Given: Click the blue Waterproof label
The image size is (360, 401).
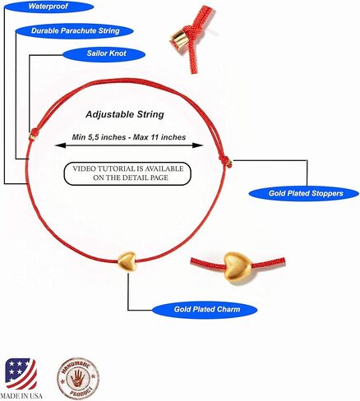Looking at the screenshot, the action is coord(49,7).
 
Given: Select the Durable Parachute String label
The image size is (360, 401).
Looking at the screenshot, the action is coord(75,30).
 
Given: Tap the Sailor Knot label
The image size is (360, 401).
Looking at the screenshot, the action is coord(104,53).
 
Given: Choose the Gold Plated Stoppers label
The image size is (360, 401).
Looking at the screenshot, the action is coord(303,194).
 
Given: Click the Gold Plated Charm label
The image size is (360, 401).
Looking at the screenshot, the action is coord(205,310).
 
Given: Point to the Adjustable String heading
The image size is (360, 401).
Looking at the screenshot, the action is coord(125,114).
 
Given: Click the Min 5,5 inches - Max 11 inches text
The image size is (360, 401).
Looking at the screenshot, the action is coord(129,137).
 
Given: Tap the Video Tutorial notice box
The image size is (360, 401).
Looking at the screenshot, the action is coord(127,173).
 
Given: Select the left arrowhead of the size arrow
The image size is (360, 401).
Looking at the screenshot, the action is coord(60,145).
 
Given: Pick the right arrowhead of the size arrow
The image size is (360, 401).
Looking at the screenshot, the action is coord(198,145).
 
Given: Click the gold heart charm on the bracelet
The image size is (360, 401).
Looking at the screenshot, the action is coord(127,261).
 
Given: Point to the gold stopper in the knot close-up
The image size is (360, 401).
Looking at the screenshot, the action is coord(179,40).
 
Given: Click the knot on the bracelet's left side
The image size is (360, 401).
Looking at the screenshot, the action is coord(34,134).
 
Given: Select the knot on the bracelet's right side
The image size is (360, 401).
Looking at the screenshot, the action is coord(227,162).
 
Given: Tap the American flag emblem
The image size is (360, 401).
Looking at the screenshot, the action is coord(21,374).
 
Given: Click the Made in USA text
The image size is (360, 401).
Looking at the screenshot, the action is coord(21,395).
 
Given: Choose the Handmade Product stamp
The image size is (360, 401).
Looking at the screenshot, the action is coord(78,378).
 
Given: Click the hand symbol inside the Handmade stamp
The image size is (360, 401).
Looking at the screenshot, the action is coord(78,378).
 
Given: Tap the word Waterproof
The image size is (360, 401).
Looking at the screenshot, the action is coord(48,6).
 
